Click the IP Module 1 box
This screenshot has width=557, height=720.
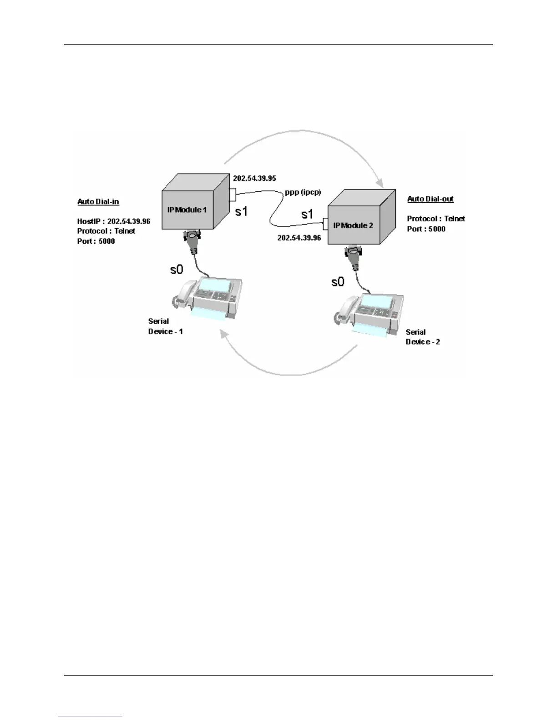click(x=191, y=207)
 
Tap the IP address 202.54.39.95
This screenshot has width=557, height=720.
click(x=254, y=178)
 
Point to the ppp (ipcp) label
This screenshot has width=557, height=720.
click(x=303, y=192)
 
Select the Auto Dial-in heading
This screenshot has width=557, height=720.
click(x=98, y=201)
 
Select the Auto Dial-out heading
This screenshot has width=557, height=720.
click(x=430, y=199)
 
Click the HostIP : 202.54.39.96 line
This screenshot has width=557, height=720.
click(x=113, y=221)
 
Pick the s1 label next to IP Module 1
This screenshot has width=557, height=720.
click(x=241, y=211)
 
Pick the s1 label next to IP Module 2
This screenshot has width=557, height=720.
click(x=307, y=214)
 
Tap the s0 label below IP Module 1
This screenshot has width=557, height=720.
click(x=177, y=270)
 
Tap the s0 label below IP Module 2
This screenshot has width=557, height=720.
click(x=338, y=282)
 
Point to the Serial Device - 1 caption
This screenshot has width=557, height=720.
click(x=165, y=326)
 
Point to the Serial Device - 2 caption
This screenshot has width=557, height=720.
click(x=422, y=337)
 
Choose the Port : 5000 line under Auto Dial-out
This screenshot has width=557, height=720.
click(x=426, y=229)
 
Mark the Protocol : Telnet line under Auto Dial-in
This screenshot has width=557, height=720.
click(x=106, y=231)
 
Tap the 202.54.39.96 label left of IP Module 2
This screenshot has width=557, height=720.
click(x=299, y=238)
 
